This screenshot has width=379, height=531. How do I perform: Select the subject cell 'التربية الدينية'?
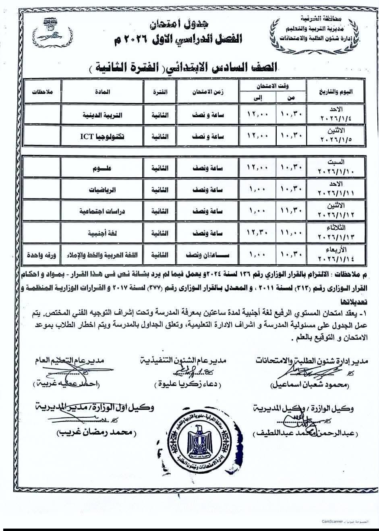point(102,115)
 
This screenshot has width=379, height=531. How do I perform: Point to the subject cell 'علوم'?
point(102,168)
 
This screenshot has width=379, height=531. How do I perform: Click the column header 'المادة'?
point(103,91)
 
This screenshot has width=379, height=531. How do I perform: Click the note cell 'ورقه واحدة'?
point(41,255)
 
